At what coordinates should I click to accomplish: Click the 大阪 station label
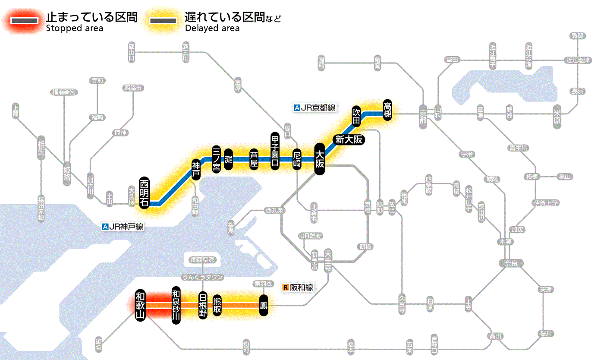tap(319, 159)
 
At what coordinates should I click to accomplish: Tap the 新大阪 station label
tap(349, 139)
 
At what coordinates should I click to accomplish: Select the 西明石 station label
tap(144, 193)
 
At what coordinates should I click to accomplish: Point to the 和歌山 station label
tap(140, 305)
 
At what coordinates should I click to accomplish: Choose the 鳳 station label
tap(264, 306)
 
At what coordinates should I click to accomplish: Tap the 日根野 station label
tap(203, 305)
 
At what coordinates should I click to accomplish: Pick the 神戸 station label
tap(196, 170)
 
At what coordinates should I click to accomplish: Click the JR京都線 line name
tap(314, 108)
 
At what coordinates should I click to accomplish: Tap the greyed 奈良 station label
tap(510, 263)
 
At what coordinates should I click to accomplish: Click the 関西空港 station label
tap(202, 260)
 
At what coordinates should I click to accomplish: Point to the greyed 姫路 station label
tap(67, 174)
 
